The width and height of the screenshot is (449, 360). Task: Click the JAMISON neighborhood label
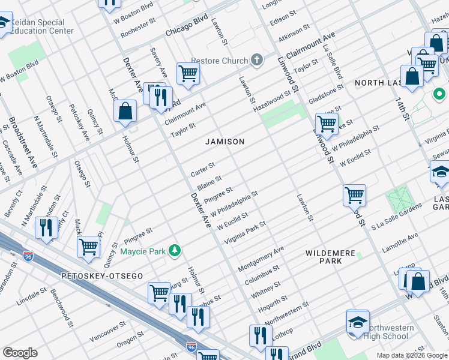225,142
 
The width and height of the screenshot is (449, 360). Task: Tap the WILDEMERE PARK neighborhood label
330,257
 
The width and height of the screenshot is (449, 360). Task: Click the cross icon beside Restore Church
257,60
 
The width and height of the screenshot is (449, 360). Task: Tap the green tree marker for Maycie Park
174,250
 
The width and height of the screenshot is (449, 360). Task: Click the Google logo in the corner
20,353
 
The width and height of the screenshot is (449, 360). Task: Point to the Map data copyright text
412,355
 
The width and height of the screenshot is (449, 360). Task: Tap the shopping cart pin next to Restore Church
188,74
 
